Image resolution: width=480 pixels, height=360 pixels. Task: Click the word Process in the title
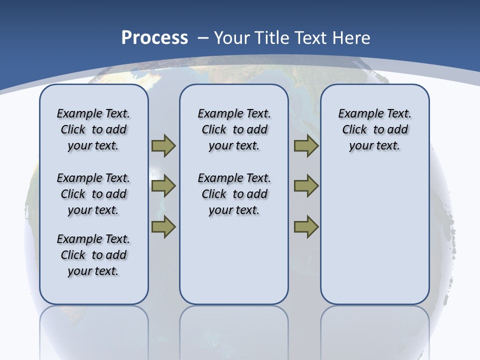(x=154, y=38)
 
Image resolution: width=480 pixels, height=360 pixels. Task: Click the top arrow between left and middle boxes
(x=163, y=146)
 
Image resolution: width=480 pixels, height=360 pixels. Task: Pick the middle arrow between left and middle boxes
(x=163, y=186)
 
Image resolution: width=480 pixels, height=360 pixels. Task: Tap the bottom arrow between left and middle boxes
(x=163, y=227)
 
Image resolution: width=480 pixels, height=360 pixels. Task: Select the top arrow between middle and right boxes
(x=306, y=146)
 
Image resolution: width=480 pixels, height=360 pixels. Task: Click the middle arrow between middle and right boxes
(x=306, y=186)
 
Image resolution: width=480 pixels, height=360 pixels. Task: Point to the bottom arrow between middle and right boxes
(x=306, y=227)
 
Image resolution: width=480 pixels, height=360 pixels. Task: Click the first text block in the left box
(x=93, y=129)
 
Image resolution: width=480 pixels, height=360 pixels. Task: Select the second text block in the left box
(x=93, y=194)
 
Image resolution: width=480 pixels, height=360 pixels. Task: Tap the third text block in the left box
(x=93, y=255)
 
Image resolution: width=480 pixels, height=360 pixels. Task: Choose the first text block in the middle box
(x=234, y=129)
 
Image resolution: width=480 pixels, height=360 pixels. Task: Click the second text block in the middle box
(x=234, y=194)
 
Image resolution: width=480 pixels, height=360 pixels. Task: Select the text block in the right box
(x=374, y=129)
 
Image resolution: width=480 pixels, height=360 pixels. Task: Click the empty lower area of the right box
(x=374, y=235)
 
